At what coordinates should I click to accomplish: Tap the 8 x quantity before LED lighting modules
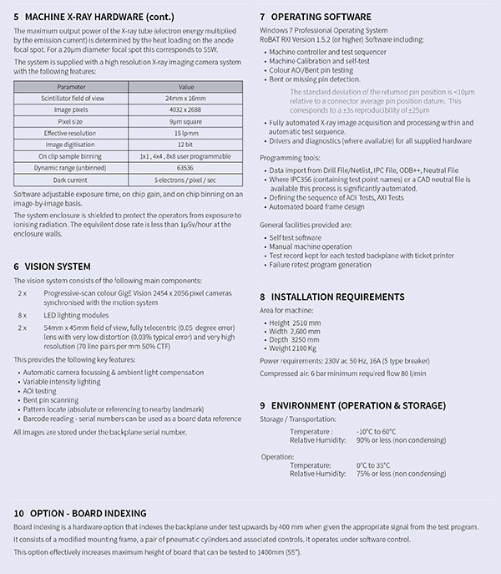(23, 315)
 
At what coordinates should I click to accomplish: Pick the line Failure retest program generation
(321, 265)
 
